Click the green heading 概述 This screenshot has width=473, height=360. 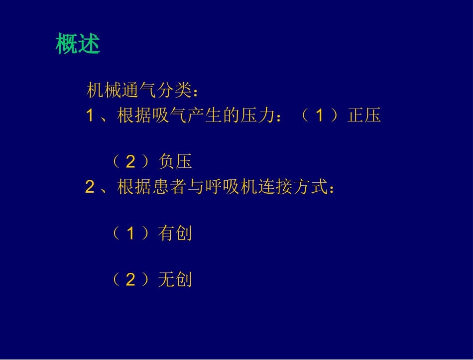[78, 44]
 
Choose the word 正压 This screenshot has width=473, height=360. [364, 116]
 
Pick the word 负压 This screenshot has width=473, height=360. [175, 162]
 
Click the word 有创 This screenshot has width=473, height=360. [175, 234]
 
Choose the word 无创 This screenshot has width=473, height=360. [175, 280]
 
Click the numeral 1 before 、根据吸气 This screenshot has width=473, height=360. [90, 116]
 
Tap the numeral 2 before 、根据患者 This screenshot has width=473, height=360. [90, 188]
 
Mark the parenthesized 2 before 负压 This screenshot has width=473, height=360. [130, 162]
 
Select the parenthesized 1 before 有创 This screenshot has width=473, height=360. [130, 234]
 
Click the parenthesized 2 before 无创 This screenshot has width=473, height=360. [130, 280]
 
